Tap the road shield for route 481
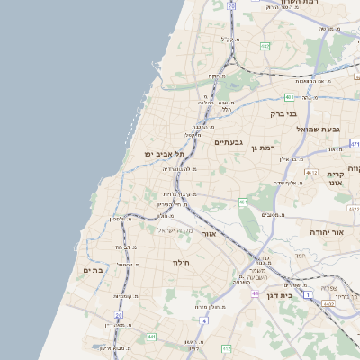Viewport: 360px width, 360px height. click(x=289, y=97)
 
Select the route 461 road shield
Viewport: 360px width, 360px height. click(x=243, y=202)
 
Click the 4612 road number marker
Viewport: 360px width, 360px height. click(x=311, y=172)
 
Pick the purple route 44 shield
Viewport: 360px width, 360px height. click(x=256, y=293)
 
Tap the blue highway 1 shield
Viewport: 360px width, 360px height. click(x=308, y=294)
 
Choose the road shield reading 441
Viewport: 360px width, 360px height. click(x=151, y=337)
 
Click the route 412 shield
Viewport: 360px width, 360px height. click(x=226, y=346)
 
